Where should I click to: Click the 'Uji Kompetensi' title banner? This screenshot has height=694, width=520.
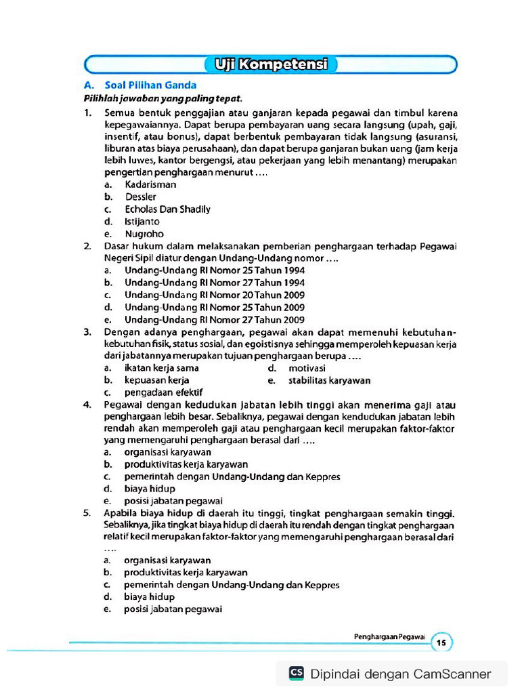click(x=270, y=65)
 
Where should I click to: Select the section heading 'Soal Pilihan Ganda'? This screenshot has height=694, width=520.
click(x=150, y=85)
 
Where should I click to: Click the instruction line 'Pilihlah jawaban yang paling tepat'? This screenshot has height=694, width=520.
click(x=162, y=98)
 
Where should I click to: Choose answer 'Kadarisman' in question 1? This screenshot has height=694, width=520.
click(x=150, y=184)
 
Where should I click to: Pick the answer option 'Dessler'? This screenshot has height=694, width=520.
click(x=140, y=197)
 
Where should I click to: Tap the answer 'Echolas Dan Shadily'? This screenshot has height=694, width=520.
click(x=167, y=209)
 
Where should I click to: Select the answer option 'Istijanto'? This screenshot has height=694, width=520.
click(x=142, y=222)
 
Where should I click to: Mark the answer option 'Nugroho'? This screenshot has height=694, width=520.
click(x=144, y=234)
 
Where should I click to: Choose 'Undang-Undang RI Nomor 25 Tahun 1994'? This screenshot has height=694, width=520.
click(x=214, y=270)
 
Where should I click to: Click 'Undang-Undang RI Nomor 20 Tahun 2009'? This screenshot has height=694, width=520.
click(x=214, y=295)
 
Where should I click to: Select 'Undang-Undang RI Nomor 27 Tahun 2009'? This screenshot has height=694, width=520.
click(x=214, y=320)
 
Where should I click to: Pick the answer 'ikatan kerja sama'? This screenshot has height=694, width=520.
click(x=161, y=368)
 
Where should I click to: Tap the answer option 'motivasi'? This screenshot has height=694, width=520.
click(x=307, y=368)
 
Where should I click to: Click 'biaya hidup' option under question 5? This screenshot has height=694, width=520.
click(x=149, y=597)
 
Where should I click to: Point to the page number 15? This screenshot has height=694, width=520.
click(x=441, y=642)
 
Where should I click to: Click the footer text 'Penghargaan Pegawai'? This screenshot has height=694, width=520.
click(x=389, y=636)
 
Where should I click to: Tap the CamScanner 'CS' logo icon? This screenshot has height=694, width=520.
click(x=297, y=673)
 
